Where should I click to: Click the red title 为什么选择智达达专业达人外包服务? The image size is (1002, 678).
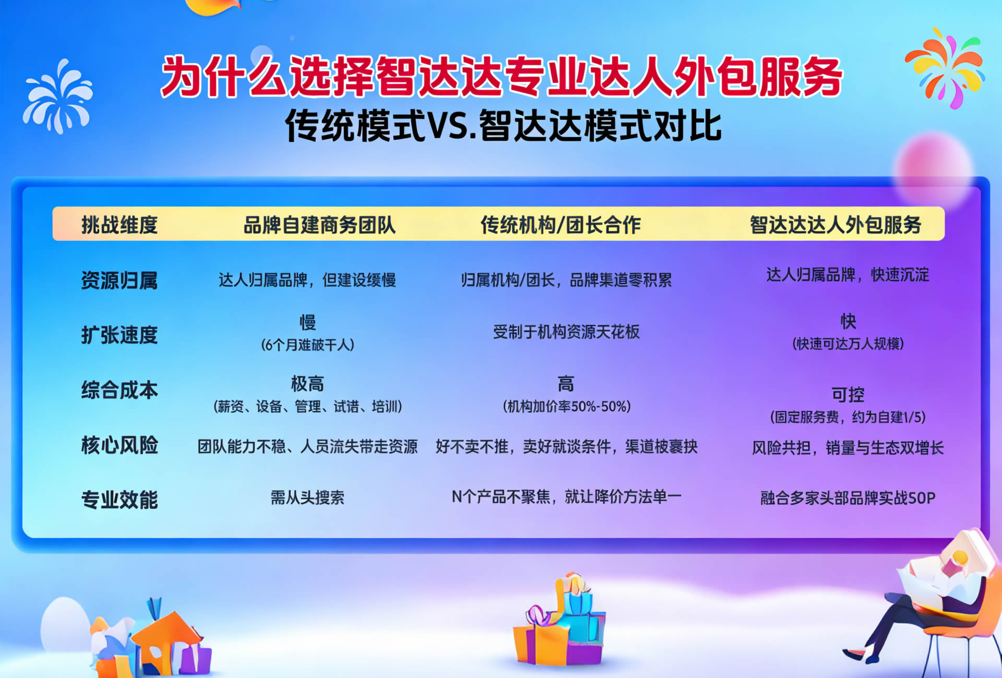501,77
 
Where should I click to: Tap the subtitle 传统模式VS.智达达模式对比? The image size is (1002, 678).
503,126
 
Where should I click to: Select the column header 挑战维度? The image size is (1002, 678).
120,225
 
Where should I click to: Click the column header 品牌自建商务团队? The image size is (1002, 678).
319,225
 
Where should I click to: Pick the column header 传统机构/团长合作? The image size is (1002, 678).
560,225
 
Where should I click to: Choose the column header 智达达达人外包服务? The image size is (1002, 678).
836,225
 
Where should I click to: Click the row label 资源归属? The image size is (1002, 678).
120,280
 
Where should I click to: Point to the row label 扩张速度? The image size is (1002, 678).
120,335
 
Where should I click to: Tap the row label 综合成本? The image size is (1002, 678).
120,390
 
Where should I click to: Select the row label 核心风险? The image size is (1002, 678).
120,445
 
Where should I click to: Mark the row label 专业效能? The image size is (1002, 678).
120,500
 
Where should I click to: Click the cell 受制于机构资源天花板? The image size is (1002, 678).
566,332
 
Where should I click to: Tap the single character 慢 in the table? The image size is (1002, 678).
307,322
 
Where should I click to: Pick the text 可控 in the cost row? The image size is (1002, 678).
848,395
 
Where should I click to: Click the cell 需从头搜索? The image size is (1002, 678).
307,498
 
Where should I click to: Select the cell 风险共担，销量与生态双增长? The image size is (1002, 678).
848,447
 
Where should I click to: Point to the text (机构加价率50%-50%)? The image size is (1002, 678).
566,406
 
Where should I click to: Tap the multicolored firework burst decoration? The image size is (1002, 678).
945,68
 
